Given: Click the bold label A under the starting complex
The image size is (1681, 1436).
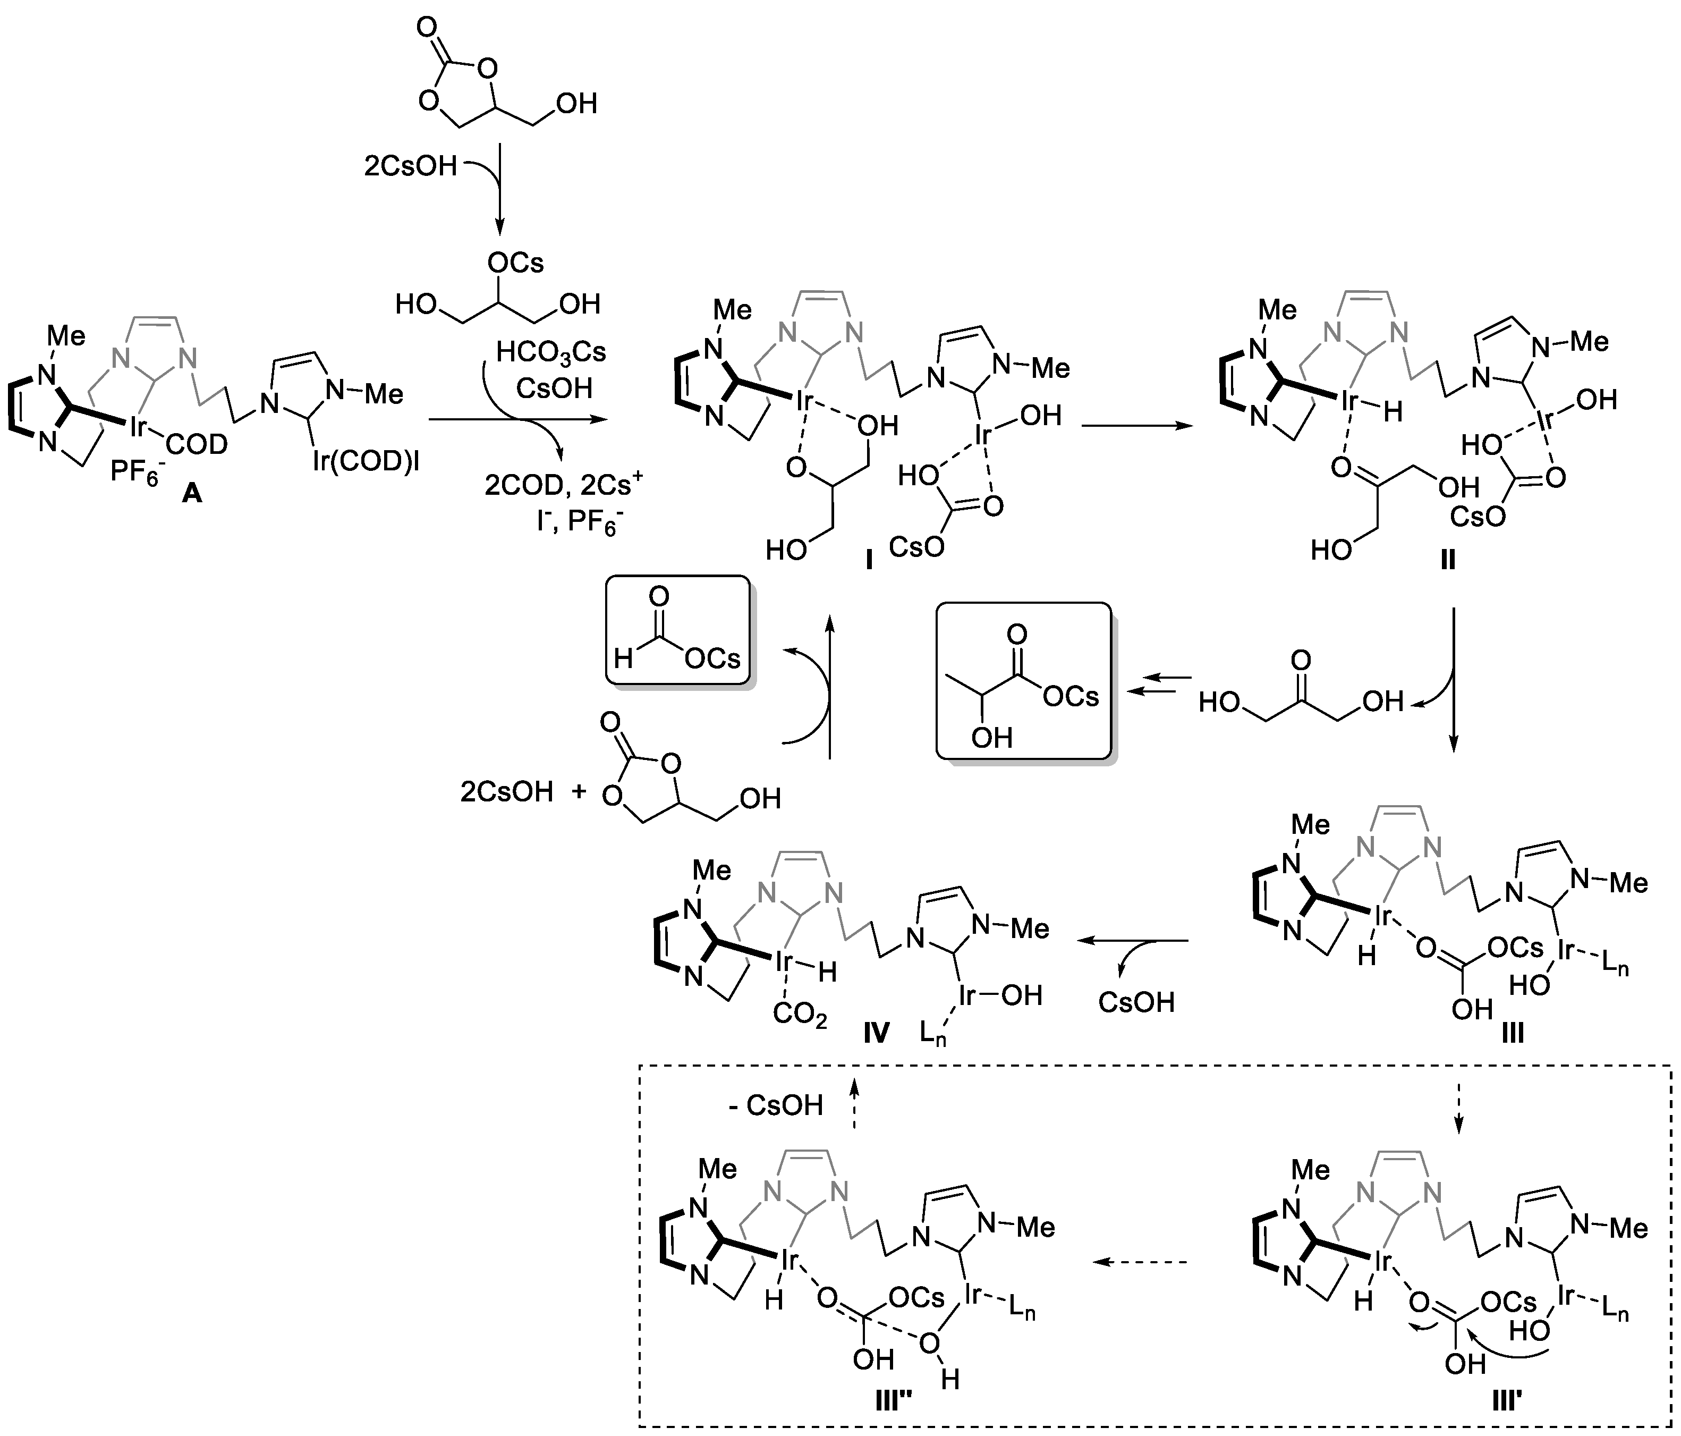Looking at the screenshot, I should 191,493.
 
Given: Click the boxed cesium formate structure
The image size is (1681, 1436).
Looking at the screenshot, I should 677,630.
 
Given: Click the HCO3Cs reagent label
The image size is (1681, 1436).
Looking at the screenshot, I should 551,352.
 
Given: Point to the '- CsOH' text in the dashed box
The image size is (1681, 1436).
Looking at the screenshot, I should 776,1105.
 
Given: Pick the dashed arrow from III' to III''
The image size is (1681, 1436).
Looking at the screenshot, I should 1141,1262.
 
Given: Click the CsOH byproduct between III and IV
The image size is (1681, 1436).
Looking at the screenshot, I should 1136,1002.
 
